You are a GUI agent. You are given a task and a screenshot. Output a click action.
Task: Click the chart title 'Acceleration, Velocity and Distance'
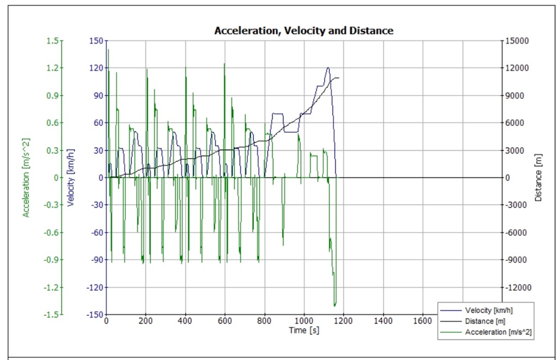pos(304,30)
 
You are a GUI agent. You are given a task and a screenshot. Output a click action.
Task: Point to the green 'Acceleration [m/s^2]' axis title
pos(26,178)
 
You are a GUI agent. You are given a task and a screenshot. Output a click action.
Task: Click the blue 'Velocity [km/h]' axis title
pos(70,178)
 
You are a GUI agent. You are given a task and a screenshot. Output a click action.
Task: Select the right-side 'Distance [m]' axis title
pos(539,178)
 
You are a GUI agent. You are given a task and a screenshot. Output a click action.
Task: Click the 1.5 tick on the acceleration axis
pos(53,41)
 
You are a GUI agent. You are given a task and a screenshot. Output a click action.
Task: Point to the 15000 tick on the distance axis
pos(517,41)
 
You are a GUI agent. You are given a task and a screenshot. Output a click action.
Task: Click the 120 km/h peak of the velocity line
pos(328,68)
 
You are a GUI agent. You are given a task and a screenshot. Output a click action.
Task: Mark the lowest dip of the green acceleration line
pos(335,306)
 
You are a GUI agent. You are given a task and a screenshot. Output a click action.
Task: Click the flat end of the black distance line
pos(342,78)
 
